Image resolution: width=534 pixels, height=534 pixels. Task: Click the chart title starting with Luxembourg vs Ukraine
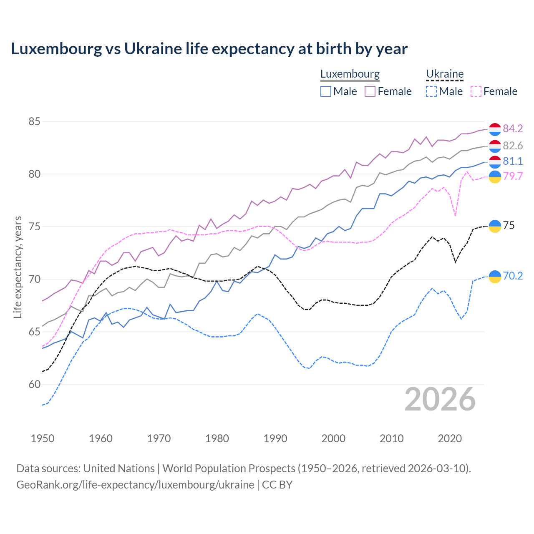pos(209,49)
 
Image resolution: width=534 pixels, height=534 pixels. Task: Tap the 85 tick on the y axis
pos(34,122)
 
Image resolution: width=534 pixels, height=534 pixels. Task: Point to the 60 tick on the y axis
pos(34,384)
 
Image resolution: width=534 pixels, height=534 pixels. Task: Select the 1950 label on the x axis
pos(43,438)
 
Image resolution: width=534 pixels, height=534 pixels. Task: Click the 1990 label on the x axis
pos(275,438)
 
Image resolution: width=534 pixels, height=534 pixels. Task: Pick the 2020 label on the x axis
pos(450,438)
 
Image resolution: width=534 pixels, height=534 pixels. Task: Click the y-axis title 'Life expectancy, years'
pos(18,267)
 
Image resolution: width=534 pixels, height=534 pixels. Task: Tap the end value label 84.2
pos(513,128)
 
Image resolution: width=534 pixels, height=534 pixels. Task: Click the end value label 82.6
pos(513,146)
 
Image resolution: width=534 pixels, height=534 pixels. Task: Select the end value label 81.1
pos(513,161)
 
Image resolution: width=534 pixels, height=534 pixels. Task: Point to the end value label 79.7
pos(513,176)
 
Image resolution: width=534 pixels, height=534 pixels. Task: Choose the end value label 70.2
pos(513,276)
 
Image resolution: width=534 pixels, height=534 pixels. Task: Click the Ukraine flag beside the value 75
pos(495,226)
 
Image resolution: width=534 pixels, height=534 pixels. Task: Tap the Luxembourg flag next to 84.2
pos(495,129)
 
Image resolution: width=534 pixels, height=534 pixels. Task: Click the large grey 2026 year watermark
pos(440,399)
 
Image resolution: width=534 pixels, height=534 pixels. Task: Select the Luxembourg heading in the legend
pos(350,74)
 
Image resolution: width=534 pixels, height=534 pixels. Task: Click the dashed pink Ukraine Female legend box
pos(476,91)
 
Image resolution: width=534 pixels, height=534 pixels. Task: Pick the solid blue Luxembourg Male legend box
pos(326,91)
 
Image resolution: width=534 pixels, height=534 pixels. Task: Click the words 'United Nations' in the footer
pos(119,469)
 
